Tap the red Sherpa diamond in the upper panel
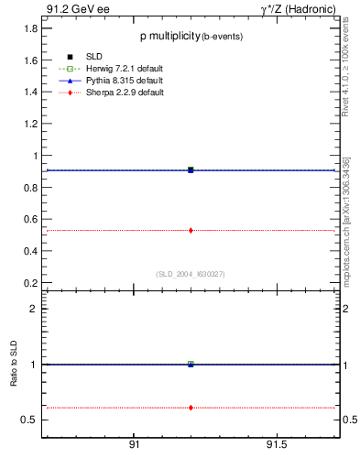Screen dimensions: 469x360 click(x=191, y=230)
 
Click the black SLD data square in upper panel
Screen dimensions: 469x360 click(x=191, y=169)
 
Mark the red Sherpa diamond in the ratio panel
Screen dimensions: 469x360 click(x=191, y=407)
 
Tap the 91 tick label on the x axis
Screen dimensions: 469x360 click(x=134, y=444)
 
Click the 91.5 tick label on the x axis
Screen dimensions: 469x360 click(x=277, y=444)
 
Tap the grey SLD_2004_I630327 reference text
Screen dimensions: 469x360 click(x=190, y=273)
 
